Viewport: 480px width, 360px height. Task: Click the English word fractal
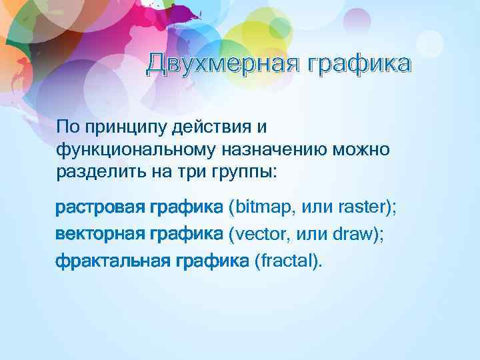point(288,260)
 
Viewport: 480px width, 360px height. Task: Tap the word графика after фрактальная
point(213,260)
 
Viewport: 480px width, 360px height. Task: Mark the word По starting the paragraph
point(67,127)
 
